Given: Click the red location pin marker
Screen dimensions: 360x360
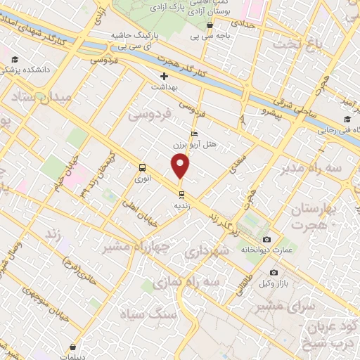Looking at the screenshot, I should (x=181, y=167).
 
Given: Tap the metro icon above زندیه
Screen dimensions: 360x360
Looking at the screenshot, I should (x=181, y=193).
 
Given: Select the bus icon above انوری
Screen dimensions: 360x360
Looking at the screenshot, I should (x=143, y=167).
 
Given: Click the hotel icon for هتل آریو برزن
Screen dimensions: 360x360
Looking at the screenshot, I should (x=195, y=134).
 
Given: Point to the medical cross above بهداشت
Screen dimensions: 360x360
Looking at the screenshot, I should (x=165, y=75).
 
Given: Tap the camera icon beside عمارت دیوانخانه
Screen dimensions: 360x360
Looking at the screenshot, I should (x=266, y=240).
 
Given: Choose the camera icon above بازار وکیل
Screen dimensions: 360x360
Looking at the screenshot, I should (x=274, y=272).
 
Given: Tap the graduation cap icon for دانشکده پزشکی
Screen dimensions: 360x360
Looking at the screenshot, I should (x=15, y=59).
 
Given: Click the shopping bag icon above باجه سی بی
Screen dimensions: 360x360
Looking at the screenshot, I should (x=210, y=25).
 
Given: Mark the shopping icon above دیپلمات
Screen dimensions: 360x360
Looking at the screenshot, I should (x=74, y=345).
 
